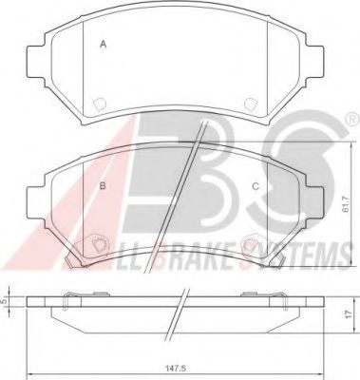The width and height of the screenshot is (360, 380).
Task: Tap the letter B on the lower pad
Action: (103, 186)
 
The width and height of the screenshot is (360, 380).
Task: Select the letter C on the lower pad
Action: (256, 186)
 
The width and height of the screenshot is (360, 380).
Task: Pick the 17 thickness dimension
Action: (348, 314)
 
